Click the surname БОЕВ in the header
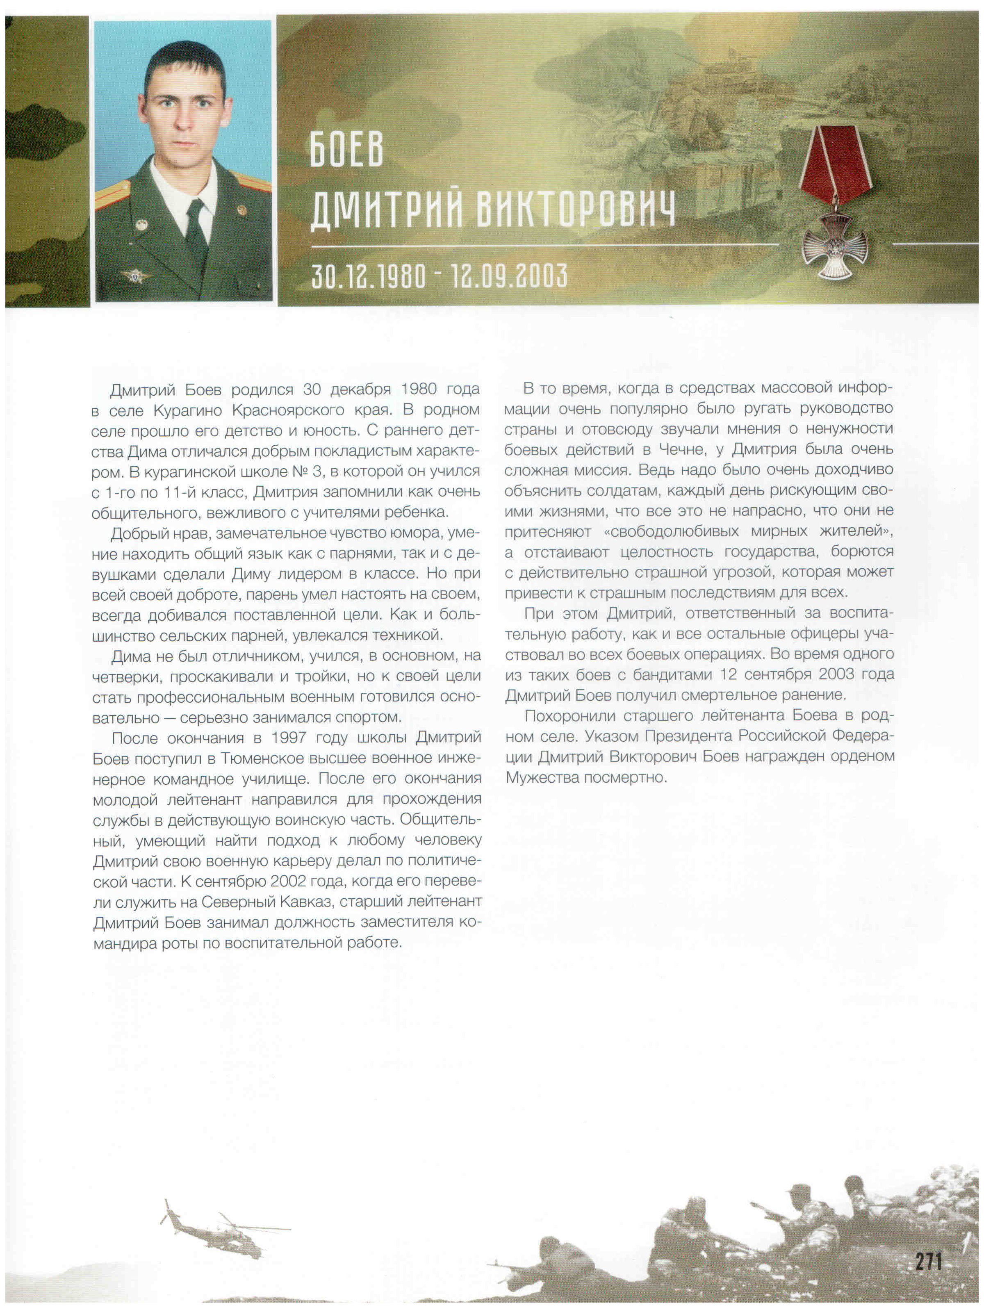click(346, 150)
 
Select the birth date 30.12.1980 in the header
click(368, 276)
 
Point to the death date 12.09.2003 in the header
click(508, 276)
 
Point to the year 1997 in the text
click(289, 738)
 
